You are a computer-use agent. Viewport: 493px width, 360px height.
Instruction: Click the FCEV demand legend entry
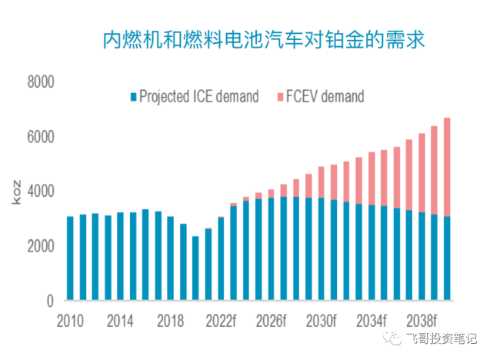(x=319, y=97)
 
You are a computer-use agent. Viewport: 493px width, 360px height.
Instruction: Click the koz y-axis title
(x=16, y=192)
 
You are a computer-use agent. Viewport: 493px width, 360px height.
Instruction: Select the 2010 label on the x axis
(x=70, y=319)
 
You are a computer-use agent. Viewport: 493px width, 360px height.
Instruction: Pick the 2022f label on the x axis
(x=221, y=319)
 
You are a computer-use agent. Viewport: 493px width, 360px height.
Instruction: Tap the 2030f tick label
(x=321, y=319)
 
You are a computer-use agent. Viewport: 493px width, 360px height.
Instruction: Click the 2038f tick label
(x=421, y=319)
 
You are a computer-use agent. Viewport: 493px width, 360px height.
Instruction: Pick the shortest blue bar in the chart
(x=195, y=268)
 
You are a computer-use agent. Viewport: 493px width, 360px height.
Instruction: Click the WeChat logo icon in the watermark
(x=394, y=338)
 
